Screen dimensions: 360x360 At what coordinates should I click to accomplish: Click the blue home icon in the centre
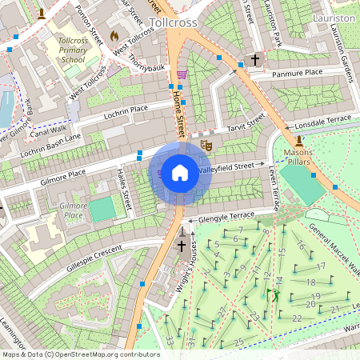pos(180,173)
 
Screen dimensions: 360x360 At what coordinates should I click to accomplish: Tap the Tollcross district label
pos(173,22)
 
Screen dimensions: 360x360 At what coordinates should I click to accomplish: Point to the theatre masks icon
pos(206,146)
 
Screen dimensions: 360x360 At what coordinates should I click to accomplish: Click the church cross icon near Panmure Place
pos(255,60)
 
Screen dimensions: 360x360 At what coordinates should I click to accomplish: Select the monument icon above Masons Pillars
pos(298,142)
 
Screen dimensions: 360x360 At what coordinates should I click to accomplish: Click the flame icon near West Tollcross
pos(114,36)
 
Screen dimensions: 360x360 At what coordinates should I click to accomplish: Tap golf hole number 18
pos(312,282)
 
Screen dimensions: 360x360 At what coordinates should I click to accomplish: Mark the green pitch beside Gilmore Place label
pos(102,210)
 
